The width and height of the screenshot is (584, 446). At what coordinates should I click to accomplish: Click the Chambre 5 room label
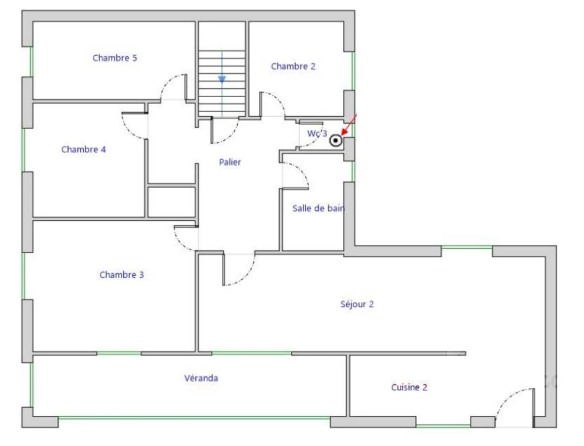tap(114, 58)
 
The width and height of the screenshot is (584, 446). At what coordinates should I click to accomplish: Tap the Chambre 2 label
tap(293, 66)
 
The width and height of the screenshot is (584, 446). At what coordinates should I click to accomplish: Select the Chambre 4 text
tap(84, 149)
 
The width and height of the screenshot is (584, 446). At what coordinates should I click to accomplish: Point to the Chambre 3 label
tap(121, 275)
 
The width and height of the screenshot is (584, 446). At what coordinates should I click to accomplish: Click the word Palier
tap(230, 162)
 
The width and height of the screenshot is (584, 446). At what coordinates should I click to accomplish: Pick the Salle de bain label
tap(318, 208)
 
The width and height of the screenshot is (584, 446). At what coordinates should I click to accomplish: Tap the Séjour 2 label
tap(357, 304)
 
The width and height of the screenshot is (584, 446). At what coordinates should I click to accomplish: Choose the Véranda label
tap(201, 378)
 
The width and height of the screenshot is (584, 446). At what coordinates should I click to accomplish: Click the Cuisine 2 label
tap(409, 387)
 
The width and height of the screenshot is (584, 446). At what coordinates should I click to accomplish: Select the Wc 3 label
tap(317, 134)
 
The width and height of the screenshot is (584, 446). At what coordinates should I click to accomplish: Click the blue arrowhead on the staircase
tap(222, 80)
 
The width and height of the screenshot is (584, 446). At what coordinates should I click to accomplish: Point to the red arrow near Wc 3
tap(349, 124)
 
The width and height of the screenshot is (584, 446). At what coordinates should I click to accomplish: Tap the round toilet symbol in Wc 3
tap(335, 141)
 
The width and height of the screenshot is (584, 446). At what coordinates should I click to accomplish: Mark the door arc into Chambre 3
tap(181, 243)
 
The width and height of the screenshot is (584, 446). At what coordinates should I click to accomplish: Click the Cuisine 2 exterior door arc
tap(507, 398)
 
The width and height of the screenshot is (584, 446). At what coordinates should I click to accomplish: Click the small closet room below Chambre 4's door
tap(171, 202)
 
